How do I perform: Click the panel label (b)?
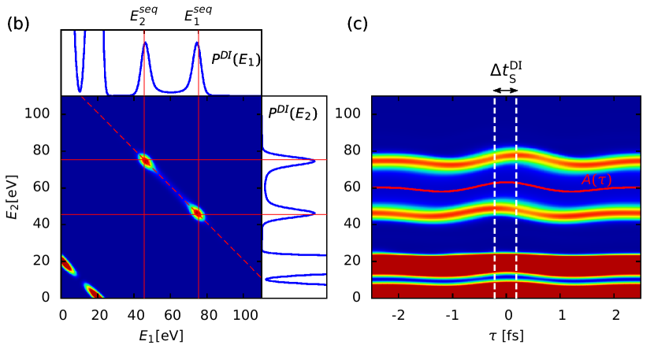tap(18, 24)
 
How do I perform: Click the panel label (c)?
tap(358, 24)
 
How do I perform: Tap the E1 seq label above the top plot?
tap(198, 15)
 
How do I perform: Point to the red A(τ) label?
tap(596, 180)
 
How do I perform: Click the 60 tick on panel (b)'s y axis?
tap(44, 187)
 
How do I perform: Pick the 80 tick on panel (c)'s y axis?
tap(353, 150)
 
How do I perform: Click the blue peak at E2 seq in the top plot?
tap(145, 43)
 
